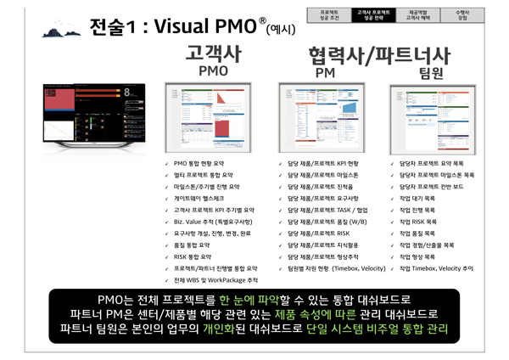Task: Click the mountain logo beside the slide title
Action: (64, 29)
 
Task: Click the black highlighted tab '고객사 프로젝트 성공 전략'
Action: (374, 14)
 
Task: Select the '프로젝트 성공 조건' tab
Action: (329, 14)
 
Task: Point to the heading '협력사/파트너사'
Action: (379, 57)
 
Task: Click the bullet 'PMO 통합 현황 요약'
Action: (204, 162)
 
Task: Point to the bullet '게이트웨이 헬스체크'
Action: (200, 198)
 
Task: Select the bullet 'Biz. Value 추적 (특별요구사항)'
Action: (213, 221)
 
